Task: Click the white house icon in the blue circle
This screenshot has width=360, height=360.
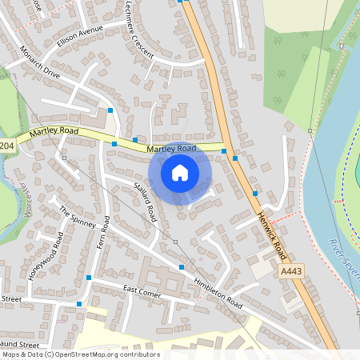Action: coord(180,172)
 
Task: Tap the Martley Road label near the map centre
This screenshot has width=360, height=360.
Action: coord(170,149)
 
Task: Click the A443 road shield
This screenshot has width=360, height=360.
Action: coord(292,273)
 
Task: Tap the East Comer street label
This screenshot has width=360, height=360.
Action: coord(142,292)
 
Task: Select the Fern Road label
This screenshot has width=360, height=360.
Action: coord(102,232)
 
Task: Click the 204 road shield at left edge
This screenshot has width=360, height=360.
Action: coord(7,146)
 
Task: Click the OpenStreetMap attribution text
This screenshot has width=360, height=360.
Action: coord(80,354)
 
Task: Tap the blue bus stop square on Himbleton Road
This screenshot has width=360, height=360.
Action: coord(182,266)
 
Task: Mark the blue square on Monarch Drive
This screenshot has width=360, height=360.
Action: coord(111,110)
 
